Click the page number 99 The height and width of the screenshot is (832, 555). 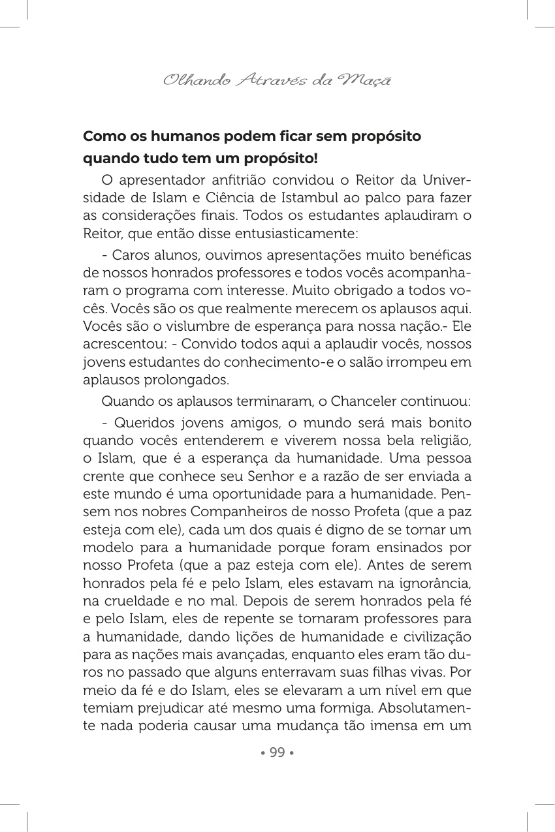coord(277,752)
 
